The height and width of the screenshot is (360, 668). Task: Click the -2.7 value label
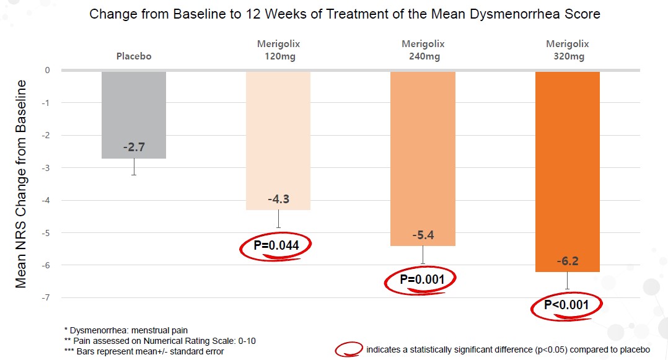pos(134,149)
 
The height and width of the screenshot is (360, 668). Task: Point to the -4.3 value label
pos(278,200)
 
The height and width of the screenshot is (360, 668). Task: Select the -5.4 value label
pos(423,236)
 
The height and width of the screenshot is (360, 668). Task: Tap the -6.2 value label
pos(567,262)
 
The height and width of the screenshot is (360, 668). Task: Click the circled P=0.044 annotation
pos(276,246)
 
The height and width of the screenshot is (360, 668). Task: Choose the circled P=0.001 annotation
pos(422,280)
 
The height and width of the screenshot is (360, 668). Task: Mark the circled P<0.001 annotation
pos(566,305)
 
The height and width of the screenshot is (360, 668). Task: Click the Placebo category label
pos(134,56)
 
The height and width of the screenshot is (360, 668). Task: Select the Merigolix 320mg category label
pos(567,50)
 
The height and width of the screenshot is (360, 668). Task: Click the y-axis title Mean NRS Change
pos(21,183)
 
